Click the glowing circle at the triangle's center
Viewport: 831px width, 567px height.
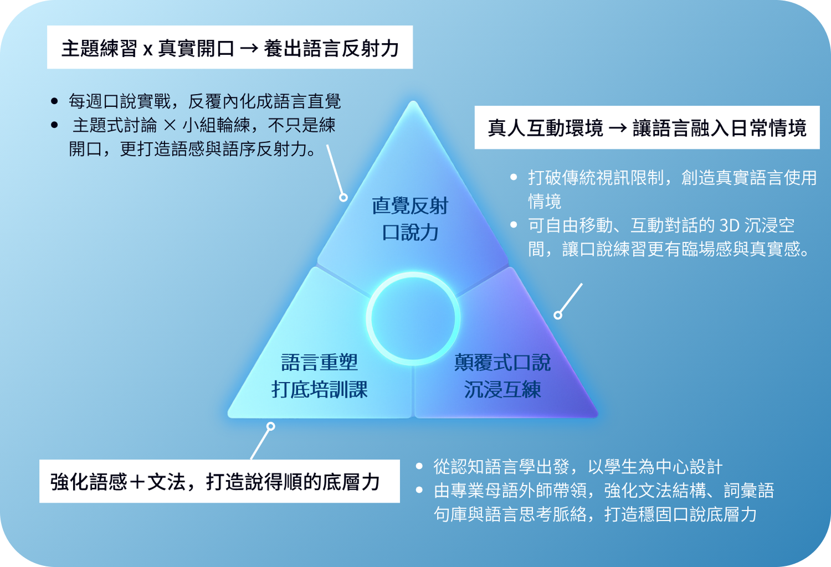click(413, 275)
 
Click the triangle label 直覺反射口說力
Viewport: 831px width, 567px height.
click(410, 219)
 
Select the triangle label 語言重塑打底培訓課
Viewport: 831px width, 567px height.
click(320, 375)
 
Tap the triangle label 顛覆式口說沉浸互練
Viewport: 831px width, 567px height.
click(502, 375)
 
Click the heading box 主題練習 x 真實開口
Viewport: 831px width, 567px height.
click(230, 47)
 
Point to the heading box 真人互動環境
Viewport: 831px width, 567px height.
click(647, 127)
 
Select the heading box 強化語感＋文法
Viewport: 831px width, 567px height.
click(219, 481)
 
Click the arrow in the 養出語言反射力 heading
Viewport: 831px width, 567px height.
click(249, 49)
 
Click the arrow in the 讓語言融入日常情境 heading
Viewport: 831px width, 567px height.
click(618, 128)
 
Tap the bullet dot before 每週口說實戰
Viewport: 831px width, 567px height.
click(54, 101)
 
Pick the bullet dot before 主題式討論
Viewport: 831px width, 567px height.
click(54, 125)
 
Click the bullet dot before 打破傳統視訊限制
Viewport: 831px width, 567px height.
click(514, 177)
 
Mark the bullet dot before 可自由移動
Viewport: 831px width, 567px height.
click(514, 224)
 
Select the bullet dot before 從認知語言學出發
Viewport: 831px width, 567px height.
click(419, 466)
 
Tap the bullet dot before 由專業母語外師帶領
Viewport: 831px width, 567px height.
click(419, 490)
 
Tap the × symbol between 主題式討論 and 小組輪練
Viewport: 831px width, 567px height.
click(170, 125)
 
